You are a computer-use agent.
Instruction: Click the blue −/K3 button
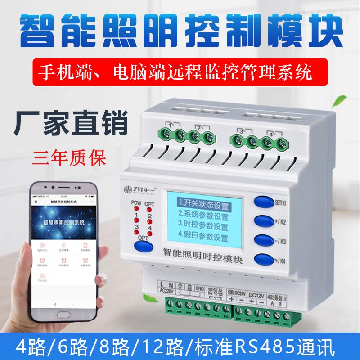click(x=263, y=239)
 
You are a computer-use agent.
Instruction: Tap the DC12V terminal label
click(x=257, y=294)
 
